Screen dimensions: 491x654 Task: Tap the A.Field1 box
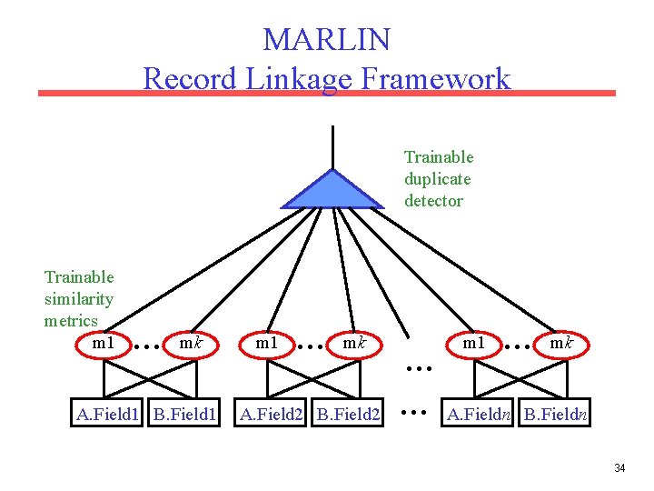tap(108, 416)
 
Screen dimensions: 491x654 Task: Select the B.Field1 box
tap(184, 416)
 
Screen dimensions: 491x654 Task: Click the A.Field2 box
tap(271, 416)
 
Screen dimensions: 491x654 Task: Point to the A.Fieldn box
tap(478, 416)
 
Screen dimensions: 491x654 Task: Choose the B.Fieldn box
tap(556, 416)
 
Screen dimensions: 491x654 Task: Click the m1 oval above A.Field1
tap(104, 344)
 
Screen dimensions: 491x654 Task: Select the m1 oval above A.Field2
tap(266, 344)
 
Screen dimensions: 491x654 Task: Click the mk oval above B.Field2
tap(353, 344)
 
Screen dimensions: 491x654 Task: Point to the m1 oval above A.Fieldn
tap(473, 344)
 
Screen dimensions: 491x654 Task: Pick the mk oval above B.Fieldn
tap(560, 344)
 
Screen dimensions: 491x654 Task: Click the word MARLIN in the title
tap(326, 40)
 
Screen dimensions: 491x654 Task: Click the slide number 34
tap(619, 468)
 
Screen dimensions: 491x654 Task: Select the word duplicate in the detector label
tap(438, 179)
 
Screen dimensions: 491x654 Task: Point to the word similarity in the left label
tap(79, 299)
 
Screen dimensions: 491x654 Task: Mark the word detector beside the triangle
tap(433, 201)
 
